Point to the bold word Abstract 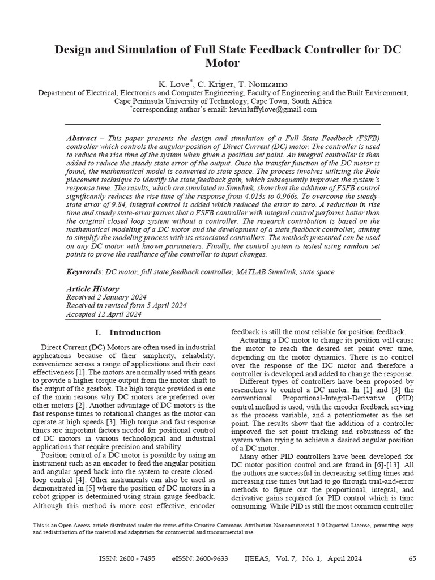[81, 138]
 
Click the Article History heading [93, 289]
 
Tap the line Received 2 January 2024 [106, 297]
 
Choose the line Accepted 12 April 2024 [104, 314]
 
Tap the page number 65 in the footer [412, 558]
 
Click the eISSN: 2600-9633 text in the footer [199, 558]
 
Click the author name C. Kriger [220, 83]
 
